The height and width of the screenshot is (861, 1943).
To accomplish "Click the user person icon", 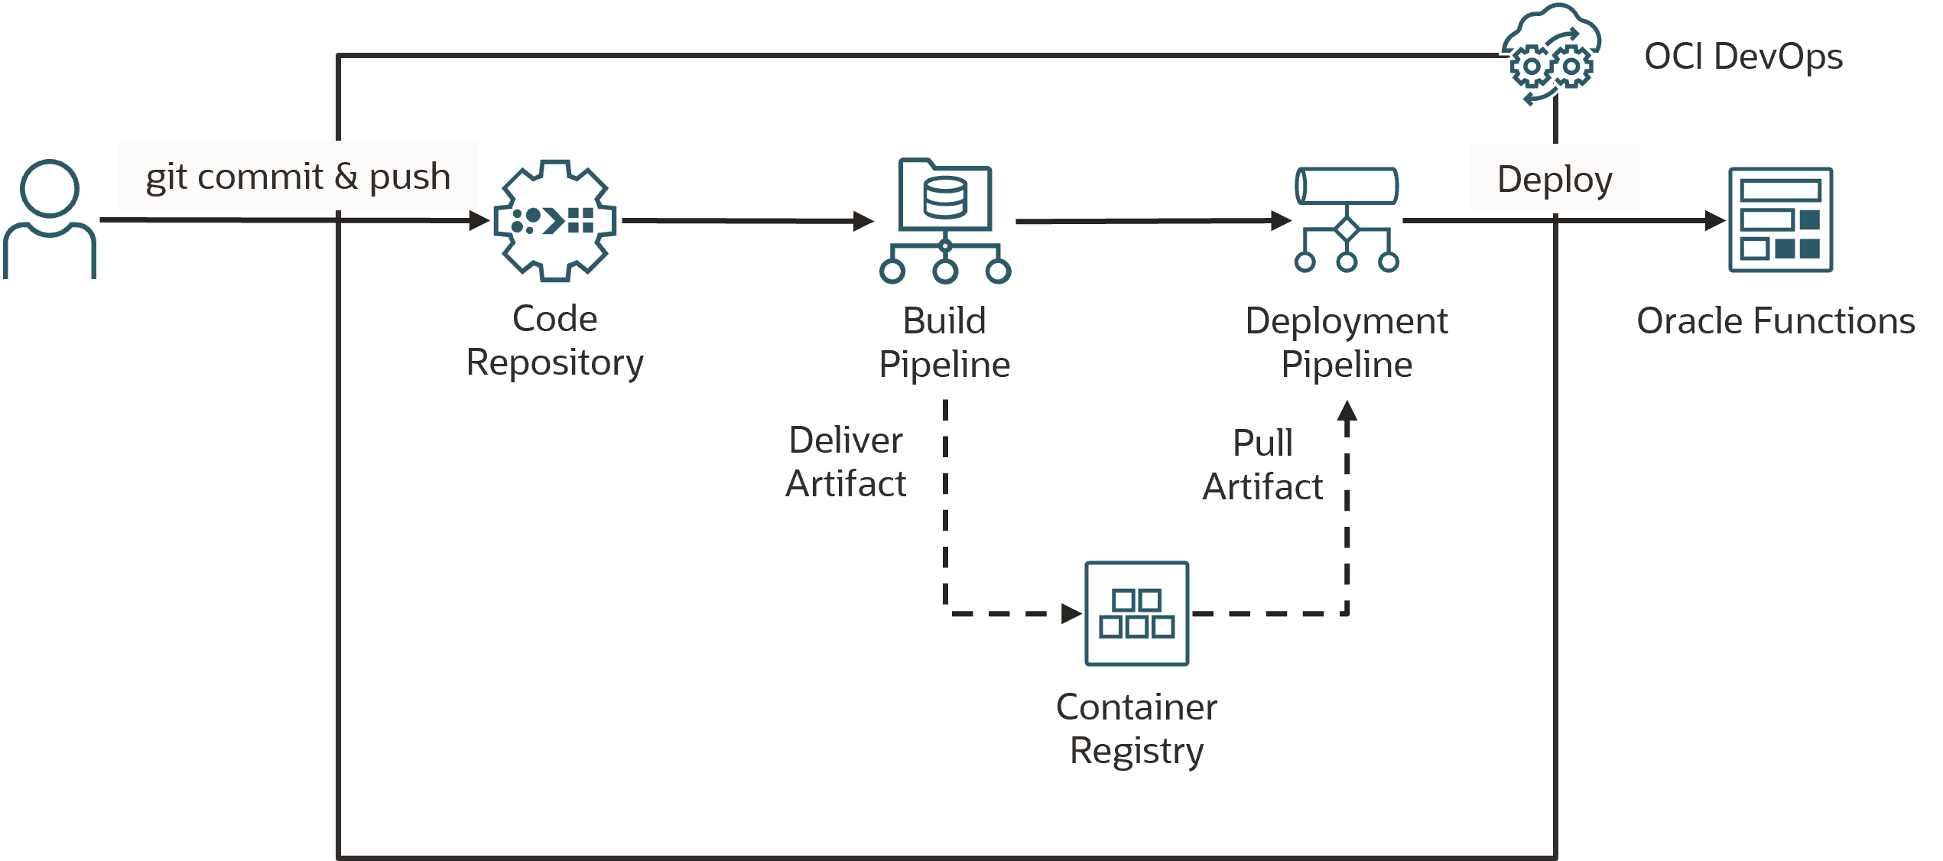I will point(50,219).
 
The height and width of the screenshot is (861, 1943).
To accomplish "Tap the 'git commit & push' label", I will point(298,176).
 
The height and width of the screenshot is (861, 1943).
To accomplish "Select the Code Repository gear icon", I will point(556,220).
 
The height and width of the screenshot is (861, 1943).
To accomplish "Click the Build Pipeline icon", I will point(945,222).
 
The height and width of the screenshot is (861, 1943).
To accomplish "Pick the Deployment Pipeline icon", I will point(1347,219).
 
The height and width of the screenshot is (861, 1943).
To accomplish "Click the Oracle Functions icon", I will point(1780,220).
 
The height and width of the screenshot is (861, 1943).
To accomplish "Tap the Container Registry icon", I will point(1136,613).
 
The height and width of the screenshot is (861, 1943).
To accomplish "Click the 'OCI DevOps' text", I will point(1743,57).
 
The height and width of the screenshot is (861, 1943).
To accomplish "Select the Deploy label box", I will point(1554,179).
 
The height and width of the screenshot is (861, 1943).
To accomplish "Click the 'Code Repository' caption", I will point(555,340).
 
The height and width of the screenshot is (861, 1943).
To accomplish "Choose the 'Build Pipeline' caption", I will point(944,343).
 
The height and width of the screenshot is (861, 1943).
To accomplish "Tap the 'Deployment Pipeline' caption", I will point(1347,343).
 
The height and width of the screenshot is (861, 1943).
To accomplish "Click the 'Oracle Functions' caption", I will point(1775,321).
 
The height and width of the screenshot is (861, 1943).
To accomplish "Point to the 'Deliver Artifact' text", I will point(846,462).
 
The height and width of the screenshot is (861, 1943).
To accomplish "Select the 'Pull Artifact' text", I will point(1262,464).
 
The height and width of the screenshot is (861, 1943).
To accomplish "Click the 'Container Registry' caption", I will point(1136,729).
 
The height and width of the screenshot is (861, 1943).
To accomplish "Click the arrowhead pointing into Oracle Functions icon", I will point(1715,221).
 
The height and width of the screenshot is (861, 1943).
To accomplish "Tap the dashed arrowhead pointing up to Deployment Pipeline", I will point(1347,411).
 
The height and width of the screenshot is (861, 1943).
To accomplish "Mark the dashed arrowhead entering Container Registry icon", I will point(1071,613).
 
